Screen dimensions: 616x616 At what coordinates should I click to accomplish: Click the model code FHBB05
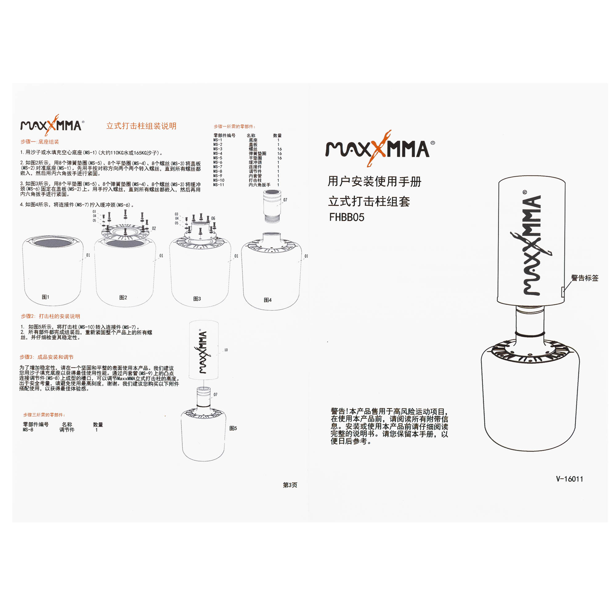tap(346, 217)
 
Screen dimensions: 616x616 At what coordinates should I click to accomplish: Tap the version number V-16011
tap(569, 479)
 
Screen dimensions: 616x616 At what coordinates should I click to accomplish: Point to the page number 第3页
tap(290, 485)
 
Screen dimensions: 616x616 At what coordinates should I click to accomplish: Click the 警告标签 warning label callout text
tap(585, 278)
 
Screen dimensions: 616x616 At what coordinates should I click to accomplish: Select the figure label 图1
tap(46, 297)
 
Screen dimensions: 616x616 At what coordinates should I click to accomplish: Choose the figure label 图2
tap(123, 298)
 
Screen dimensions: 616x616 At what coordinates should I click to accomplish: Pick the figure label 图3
tap(197, 299)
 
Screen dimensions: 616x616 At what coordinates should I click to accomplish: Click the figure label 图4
tap(268, 300)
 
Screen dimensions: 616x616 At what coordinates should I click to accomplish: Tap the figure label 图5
tap(233, 428)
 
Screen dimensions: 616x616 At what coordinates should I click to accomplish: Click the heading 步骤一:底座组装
tap(40, 142)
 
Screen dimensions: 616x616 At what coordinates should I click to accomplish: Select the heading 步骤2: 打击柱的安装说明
tap(51, 316)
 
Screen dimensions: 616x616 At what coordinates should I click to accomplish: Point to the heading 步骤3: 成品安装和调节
tap(47, 357)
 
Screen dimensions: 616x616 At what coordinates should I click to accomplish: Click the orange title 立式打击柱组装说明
tap(141, 126)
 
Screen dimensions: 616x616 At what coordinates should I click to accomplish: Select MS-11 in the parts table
tap(219, 185)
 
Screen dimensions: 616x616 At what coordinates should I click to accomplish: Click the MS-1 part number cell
tap(217, 140)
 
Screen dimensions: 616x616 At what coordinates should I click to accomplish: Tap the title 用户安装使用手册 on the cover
tap(375, 182)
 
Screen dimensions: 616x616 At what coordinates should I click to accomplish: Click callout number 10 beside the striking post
tap(226, 350)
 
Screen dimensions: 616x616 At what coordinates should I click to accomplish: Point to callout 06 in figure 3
tap(213, 218)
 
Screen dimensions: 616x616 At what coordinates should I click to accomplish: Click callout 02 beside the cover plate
tap(154, 229)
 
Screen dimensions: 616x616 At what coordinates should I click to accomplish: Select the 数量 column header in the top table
tap(278, 136)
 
